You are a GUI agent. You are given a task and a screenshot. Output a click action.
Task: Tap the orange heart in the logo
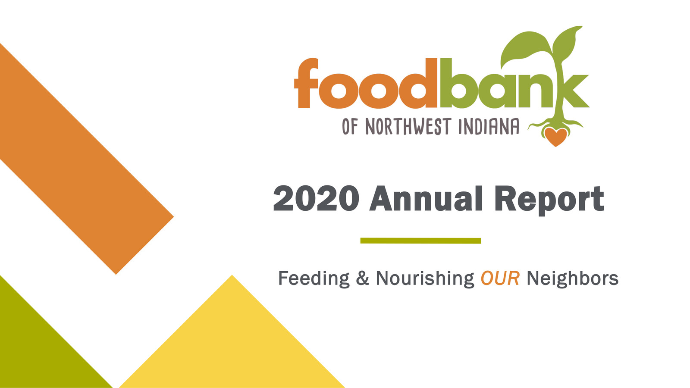[555, 137]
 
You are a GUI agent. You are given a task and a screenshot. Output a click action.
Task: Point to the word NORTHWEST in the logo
[408, 127]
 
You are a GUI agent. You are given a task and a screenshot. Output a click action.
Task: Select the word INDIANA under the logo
[489, 127]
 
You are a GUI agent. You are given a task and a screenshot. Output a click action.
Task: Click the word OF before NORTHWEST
[350, 127]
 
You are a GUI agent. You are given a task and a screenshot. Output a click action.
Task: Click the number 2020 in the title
[316, 199]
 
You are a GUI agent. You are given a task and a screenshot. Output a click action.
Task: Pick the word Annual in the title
[426, 199]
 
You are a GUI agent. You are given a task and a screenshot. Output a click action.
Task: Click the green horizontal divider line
[420, 241]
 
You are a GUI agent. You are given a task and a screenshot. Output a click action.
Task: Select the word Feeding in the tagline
[314, 278]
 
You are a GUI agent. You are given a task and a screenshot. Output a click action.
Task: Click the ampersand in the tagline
[362, 278]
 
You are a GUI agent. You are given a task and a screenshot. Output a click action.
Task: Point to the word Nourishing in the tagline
[425, 278]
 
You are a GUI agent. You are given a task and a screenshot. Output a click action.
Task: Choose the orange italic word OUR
[500, 278]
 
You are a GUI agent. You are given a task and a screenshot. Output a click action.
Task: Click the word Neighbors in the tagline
[572, 278]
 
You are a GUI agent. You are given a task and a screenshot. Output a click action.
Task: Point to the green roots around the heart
[539, 125]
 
